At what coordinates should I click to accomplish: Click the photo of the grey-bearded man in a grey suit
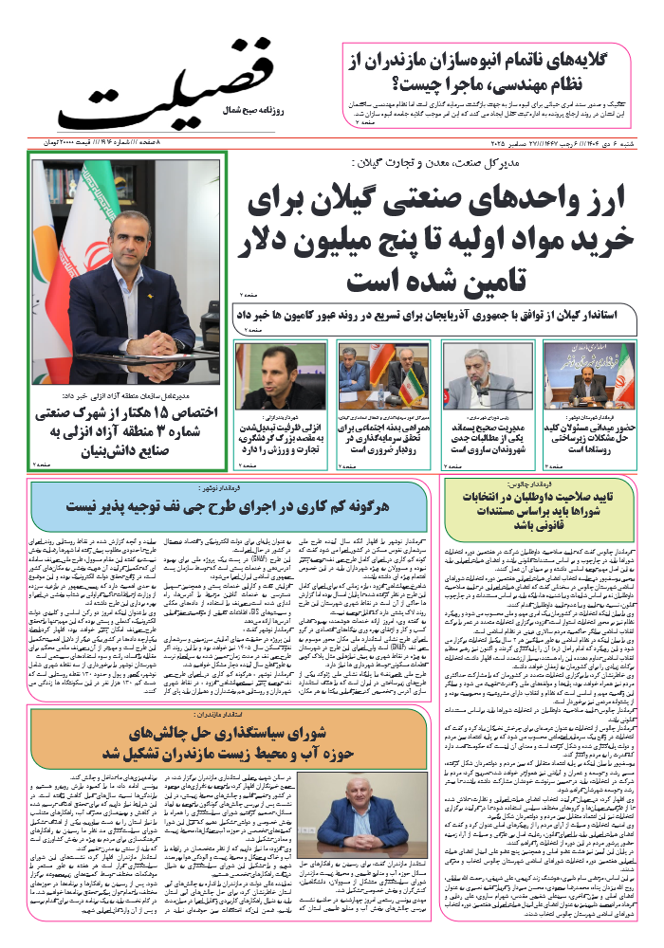point(481,376)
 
